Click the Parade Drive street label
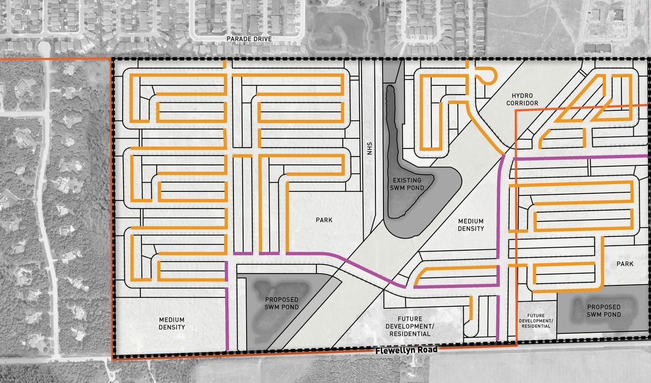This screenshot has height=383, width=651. (x=250, y=39)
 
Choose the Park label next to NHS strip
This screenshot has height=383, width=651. (x=323, y=220)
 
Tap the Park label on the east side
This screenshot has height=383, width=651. (x=625, y=263)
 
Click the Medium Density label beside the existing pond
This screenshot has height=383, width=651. (x=470, y=225)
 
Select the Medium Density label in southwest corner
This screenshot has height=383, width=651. (x=171, y=323)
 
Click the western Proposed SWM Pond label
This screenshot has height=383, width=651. (x=278, y=303)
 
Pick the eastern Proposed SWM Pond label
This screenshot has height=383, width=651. (x=604, y=310)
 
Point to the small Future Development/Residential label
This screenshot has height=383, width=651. (x=536, y=320)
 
